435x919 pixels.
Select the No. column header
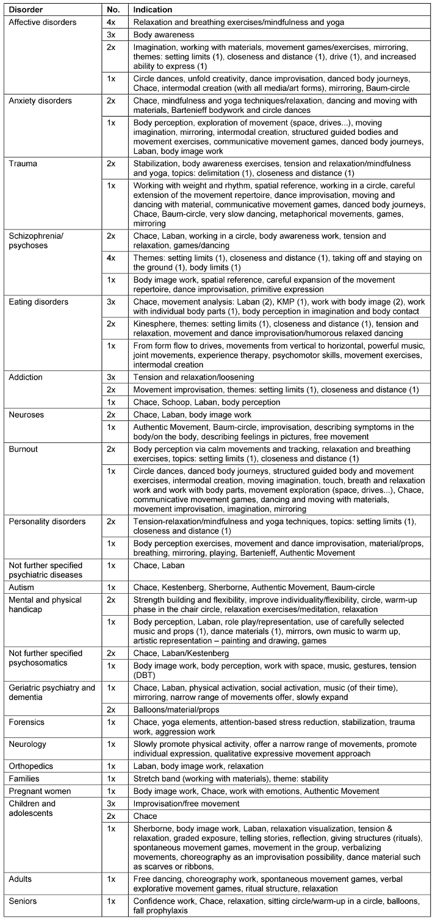pos(107,10)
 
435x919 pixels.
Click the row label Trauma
pos(20,165)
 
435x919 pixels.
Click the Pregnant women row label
pos(35,791)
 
